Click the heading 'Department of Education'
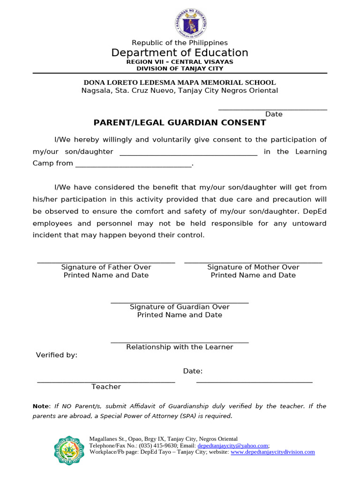[x=180, y=52]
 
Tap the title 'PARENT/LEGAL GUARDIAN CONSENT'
[x=180, y=123]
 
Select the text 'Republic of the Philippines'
[x=180, y=43]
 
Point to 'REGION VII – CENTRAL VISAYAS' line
[x=180, y=62]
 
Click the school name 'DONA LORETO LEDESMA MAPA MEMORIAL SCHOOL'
[x=180, y=82]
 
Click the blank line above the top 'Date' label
[x=273, y=109]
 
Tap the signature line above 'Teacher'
[x=106, y=382]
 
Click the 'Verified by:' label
[x=57, y=355]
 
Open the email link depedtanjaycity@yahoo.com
[x=232, y=445]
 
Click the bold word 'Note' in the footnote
[x=40, y=406]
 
